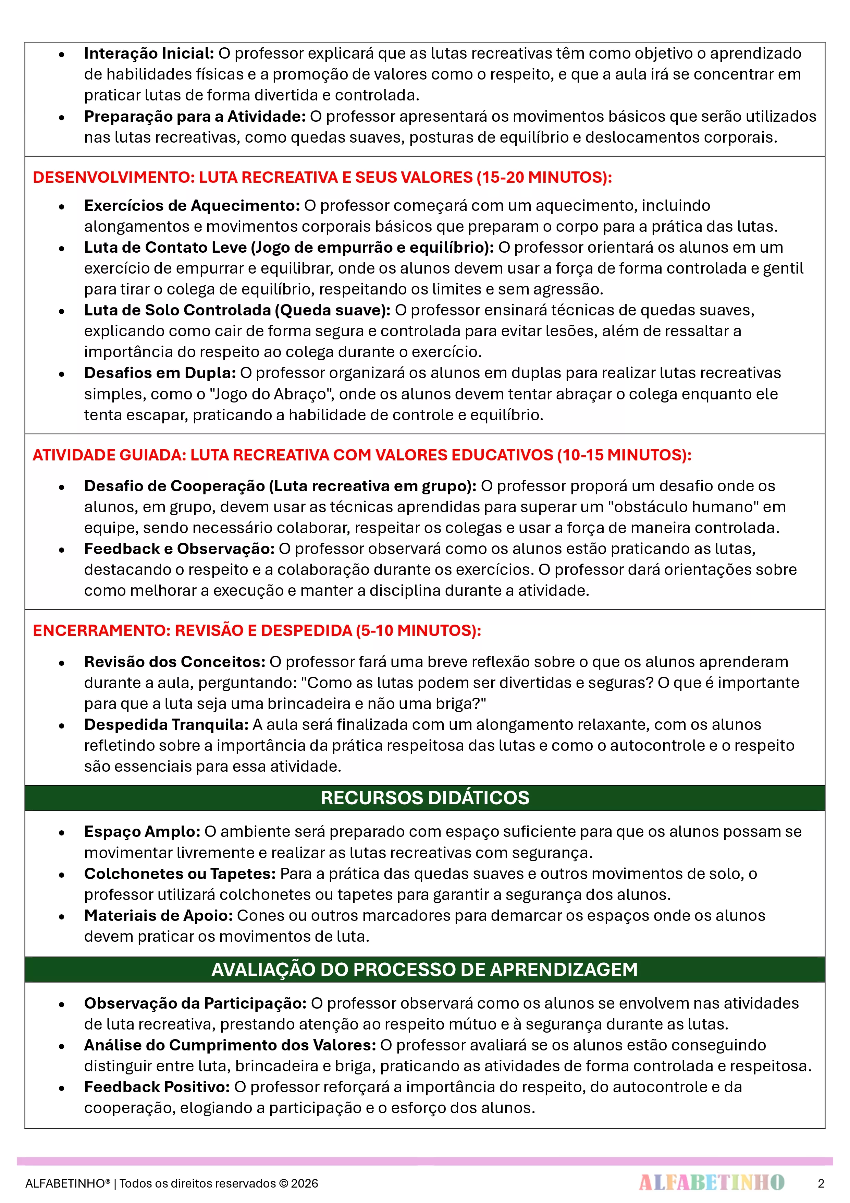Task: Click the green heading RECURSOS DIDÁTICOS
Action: click(425, 797)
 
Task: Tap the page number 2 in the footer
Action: click(821, 1183)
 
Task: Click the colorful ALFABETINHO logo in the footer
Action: click(711, 1182)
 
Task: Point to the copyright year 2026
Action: click(304, 1183)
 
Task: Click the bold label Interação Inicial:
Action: click(149, 53)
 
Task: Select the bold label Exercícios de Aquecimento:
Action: click(192, 205)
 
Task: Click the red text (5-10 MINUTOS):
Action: click(418, 630)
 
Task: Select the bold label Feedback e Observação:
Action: click(179, 549)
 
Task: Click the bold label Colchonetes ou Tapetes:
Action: click(180, 874)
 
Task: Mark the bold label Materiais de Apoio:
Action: click(158, 915)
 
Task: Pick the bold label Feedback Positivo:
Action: click(157, 1087)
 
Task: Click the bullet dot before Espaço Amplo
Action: click(62, 832)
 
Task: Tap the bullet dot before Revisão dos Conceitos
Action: click(62, 663)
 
